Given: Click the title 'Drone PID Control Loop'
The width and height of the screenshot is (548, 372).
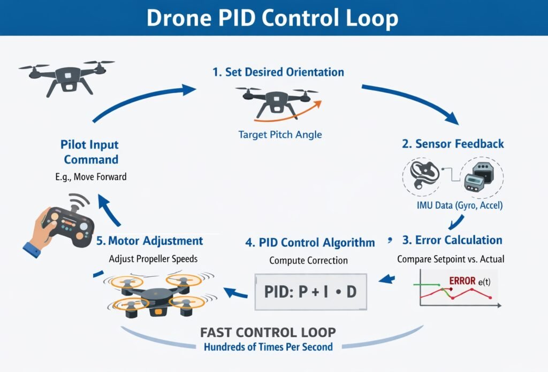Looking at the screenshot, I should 272,18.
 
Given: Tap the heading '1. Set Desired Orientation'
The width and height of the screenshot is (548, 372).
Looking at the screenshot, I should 278,72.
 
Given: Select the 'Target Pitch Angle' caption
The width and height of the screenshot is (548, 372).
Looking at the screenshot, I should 280,134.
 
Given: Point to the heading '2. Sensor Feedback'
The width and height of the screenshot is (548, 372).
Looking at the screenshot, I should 453,144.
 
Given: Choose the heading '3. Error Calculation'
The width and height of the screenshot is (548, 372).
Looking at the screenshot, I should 452,240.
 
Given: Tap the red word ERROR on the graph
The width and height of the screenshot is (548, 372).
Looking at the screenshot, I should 463,281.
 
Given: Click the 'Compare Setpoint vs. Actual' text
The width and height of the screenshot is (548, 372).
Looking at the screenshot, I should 451,259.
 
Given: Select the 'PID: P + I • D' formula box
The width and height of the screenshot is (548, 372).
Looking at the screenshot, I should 311,292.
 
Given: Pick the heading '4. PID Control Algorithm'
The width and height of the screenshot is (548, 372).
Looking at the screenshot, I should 310,243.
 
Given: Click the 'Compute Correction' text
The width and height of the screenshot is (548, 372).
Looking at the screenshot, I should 309,261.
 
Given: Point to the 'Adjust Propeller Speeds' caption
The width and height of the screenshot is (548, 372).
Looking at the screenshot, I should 154,259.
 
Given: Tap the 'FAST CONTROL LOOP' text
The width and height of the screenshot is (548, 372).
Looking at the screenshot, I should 268,332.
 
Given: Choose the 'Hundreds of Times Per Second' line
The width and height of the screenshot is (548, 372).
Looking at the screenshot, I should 268,347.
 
